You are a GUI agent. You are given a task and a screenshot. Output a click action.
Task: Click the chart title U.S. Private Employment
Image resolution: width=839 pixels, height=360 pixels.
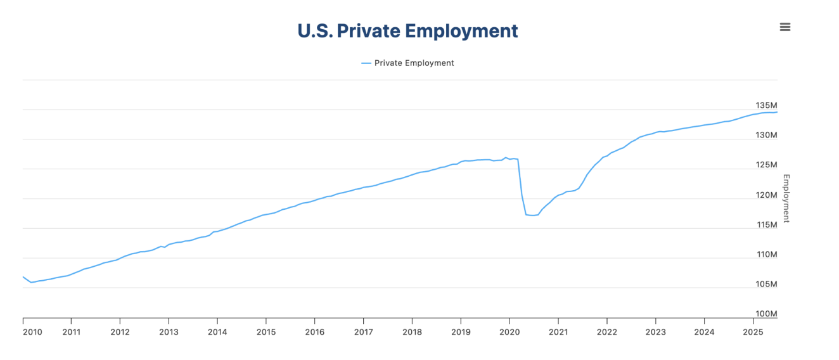tap(407, 31)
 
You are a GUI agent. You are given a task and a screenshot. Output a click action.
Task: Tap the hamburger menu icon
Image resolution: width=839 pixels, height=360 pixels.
tap(785, 27)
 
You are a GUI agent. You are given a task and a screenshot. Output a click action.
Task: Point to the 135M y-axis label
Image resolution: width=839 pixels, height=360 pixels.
tap(766, 105)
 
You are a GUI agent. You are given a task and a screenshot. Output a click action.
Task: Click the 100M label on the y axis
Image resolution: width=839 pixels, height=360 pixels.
tap(766, 314)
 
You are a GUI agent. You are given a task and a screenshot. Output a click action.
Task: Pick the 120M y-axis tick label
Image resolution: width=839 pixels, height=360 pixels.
tap(766, 195)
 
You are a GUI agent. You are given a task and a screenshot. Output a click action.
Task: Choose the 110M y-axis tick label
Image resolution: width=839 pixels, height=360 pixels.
tap(766, 254)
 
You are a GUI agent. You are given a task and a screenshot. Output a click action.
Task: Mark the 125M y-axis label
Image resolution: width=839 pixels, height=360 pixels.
tap(766, 165)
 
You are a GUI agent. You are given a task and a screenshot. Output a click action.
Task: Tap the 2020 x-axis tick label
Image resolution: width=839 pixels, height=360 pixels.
tap(509, 331)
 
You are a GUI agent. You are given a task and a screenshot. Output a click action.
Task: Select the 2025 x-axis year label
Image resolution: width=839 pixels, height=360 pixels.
tap(753, 331)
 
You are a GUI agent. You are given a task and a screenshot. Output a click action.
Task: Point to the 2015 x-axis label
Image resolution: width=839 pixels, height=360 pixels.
tap(266, 331)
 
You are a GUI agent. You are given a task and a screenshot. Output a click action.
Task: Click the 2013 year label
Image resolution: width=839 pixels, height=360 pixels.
tap(169, 331)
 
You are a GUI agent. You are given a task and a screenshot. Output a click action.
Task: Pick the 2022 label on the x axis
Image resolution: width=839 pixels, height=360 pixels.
tap(607, 331)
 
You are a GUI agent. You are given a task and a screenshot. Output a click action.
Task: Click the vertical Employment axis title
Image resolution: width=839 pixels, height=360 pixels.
tap(786, 198)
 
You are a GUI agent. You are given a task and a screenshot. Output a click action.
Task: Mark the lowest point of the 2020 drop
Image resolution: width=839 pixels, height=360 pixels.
tap(532, 215)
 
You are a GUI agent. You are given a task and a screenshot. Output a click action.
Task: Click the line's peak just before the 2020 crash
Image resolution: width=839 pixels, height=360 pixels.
tap(506, 157)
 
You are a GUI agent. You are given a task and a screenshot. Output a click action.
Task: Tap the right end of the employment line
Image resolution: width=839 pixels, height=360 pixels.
tap(777, 112)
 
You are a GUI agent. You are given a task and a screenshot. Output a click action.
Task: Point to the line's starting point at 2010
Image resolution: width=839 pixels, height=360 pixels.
tap(23, 276)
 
